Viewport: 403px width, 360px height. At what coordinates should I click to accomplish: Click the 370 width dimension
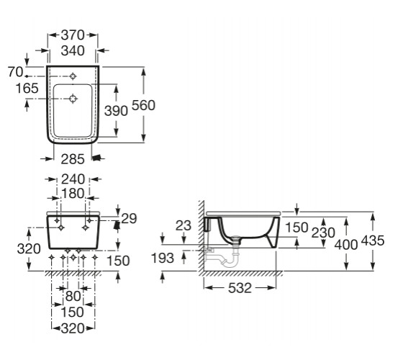tap(73, 35)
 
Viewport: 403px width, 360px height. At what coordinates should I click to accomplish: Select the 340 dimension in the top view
tap(73, 50)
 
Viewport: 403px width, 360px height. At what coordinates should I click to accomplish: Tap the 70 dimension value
tap(15, 72)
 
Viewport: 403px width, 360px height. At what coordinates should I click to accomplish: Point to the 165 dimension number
tap(27, 88)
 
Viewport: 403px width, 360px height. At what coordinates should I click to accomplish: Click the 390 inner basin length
tap(116, 111)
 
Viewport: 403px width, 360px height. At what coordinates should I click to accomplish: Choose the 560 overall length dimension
tap(143, 105)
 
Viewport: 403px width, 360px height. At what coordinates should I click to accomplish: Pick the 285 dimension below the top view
tap(73, 159)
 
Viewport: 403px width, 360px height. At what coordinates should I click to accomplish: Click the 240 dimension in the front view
tap(73, 179)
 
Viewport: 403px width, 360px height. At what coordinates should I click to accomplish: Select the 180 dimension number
tap(73, 194)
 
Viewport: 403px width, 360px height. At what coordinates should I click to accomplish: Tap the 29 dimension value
tap(129, 218)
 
